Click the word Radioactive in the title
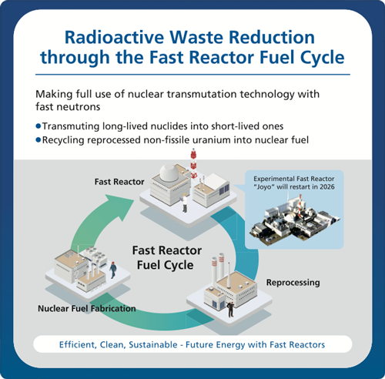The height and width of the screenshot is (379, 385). pyautogui.click(x=114, y=37)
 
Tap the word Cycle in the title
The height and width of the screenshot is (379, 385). pyautogui.click(x=322, y=57)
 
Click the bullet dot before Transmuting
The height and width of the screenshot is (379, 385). pyautogui.click(x=38, y=126)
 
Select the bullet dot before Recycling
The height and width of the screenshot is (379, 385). pyautogui.click(x=38, y=140)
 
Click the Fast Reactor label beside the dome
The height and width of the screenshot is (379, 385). pyautogui.click(x=119, y=182)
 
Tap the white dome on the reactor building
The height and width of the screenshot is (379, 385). pyautogui.click(x=169, y=172)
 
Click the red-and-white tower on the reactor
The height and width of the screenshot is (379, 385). pyautogui.click(x=193, y=163)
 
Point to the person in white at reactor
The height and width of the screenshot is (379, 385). pyautogui.click(x=185, y=203)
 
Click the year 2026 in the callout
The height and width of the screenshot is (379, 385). pyautogui.click(x=327, y=186)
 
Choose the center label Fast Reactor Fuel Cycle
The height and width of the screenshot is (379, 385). pyautogui.click(x=166, y=257)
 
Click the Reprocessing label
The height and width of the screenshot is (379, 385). pyautogui.click(x=293, y=283)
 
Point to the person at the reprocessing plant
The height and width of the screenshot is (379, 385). pyautogui.click(x=230, y=309)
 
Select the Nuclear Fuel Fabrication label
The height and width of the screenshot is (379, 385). pyautogui.click(x=87, y=308)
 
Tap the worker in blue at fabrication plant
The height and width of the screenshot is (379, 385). pyautogui.click(x=113, y=270)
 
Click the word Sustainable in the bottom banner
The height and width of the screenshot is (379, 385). pyautogui.click(x=153, y=344)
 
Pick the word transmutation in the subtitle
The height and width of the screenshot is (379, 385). pyautogui.click(x=202, y=94)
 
